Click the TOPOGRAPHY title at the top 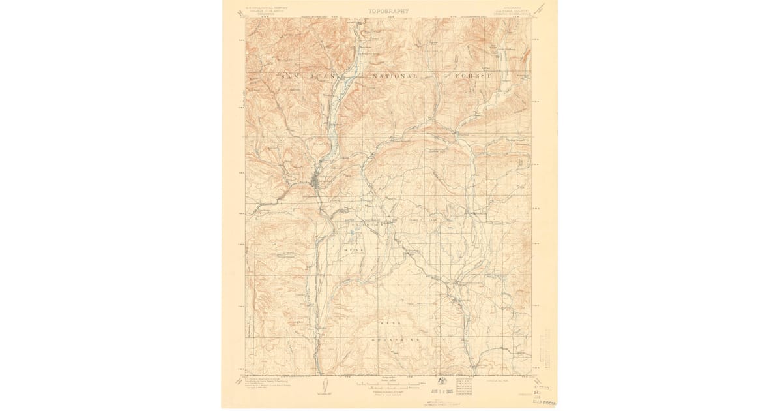[x=388, y=11]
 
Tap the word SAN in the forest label [x=290, y=76]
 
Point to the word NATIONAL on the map [x=394, y=76]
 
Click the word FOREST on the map [x=472, y=76]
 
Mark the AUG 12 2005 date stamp [x=423, y=393]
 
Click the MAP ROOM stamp [x=543, y=403]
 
